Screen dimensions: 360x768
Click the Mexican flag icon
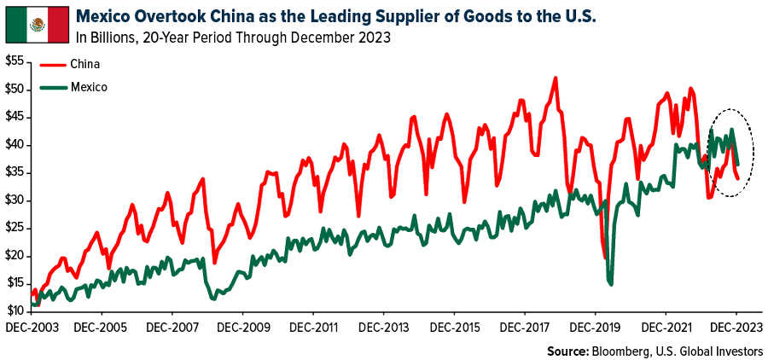tap(36, 24)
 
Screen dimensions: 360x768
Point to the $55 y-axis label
tap(17, 61)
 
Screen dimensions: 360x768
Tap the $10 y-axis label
tap(17, 311)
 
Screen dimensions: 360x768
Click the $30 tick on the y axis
tap(17, 200)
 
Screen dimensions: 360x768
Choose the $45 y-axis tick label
tap(17, 117)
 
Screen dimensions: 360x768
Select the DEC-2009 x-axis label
tap(243, 328)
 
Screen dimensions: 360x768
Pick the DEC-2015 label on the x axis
tap(456, 328)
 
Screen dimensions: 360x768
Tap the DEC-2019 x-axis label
tap(596, 328)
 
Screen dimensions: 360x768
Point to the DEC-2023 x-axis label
tap(736, 328)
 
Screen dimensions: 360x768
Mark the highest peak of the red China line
tap(556, 78)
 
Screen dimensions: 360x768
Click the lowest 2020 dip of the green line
tap(611, 284)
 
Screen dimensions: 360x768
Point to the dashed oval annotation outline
tap(753, 154)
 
